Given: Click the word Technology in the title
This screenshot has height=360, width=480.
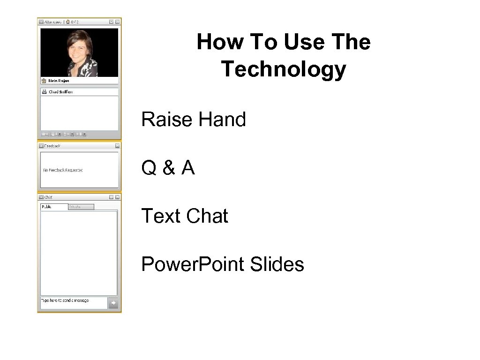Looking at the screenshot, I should (x=283, y=69).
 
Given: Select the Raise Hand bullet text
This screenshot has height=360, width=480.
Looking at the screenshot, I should (x=193, y=120).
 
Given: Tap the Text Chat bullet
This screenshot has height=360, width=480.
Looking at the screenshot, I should (x=184, y=216).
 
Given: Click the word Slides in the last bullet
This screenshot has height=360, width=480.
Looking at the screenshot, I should (x=277, y=264).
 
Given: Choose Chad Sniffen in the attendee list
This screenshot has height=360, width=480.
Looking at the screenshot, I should (x=60, y=92).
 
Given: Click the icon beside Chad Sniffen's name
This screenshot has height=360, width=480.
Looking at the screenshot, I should (x=44, y=92).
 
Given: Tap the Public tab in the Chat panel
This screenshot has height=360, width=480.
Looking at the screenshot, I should (x=47, y=207).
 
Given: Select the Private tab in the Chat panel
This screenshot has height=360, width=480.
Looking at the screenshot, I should (x=75, y=207).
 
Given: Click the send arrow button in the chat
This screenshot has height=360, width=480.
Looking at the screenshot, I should (x=113, y=303).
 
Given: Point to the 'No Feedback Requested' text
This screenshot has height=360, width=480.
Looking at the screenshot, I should (x=63, y=170).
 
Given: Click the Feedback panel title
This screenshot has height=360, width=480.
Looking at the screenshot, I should (x=52, y=146).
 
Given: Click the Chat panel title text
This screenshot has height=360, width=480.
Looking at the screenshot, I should (x=48, y=197).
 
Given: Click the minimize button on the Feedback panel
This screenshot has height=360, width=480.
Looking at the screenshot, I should (x=117, y=146).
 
